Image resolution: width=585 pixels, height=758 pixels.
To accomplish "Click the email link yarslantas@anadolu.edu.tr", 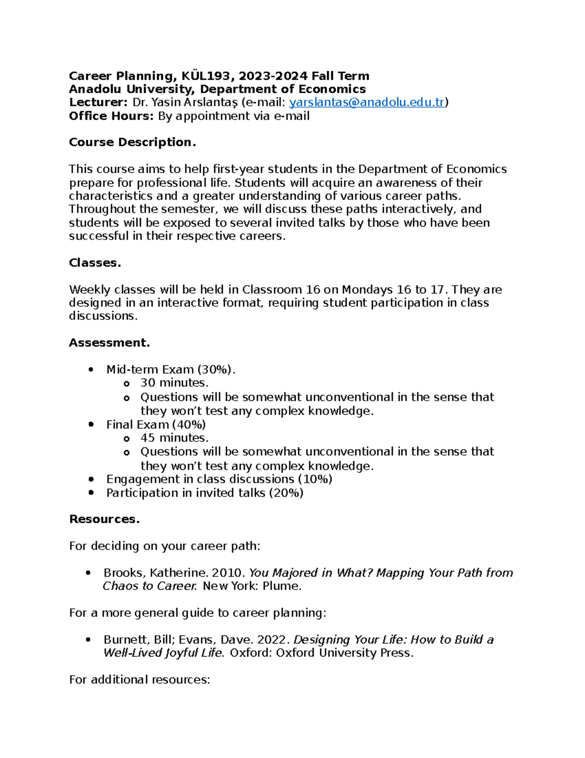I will (x=367, y=102).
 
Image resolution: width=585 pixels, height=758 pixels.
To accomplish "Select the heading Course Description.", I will (x=132, y=143).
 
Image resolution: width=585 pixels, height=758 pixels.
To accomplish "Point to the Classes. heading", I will (x=95, y=263).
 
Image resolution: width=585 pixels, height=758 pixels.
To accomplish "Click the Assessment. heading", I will (x=109, y=343).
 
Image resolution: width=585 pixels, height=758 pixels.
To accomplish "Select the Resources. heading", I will (x=104, y=519).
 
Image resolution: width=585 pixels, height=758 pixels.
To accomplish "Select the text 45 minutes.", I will (x=174, y=438).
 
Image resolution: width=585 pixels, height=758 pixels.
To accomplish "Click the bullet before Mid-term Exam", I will (x=91, y=370).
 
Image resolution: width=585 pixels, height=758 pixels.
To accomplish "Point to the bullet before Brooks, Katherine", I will (x=88, y=573).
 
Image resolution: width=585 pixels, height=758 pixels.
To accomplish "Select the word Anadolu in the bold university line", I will (x=96, y=89).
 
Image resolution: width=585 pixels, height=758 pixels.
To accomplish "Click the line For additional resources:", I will (x=139, y=680).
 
